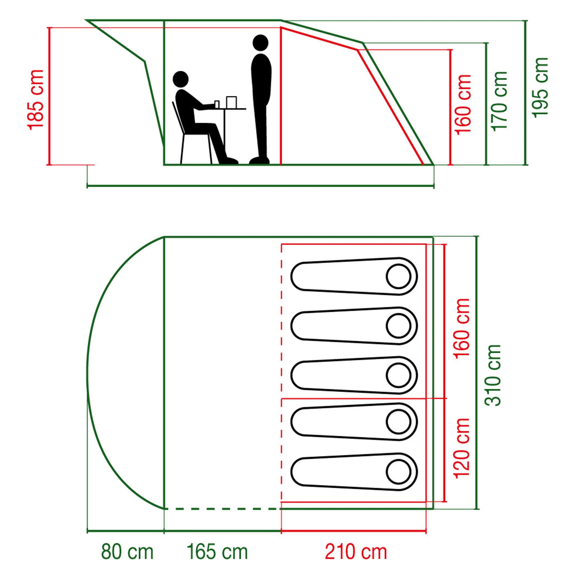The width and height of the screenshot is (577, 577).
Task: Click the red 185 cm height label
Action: pyautogui.click(x=36, y=100)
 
